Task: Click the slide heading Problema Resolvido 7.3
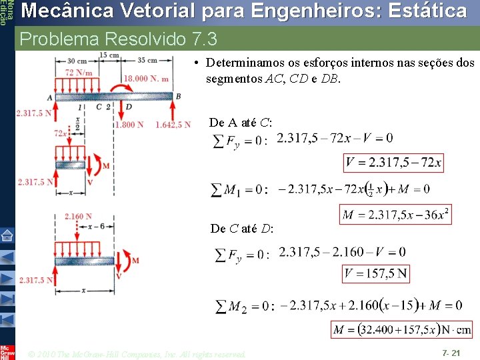click(x=119, y=39)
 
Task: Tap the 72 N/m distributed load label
click(x=78, y=72)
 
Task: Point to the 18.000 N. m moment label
click(x=146, y=78)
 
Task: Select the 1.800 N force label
click(x=129, y=125)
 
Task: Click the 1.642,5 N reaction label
click(x=173, y=125)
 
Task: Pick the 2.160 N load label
click(x=78, y=216)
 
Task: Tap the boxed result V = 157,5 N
click(x=376, y=274)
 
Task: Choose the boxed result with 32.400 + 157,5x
click(x=401, y=329)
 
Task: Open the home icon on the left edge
click(x=7, y=235)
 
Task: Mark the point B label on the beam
click(x=177, y=96)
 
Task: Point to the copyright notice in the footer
click(x=137, y=353)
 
